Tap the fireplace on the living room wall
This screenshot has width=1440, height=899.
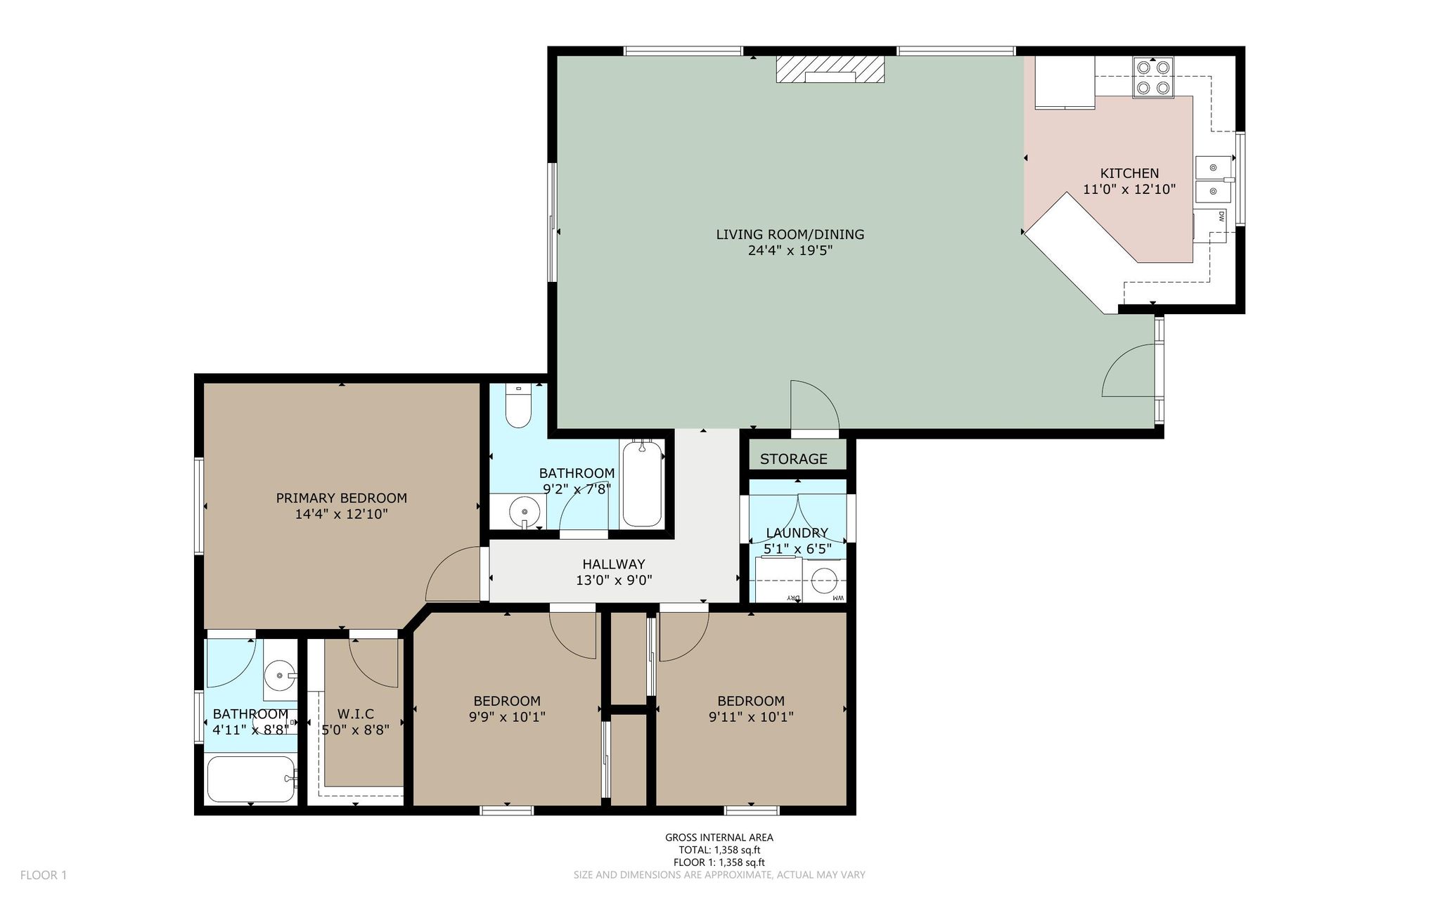point(830,70)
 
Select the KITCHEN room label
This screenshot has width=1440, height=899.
point(1129,173)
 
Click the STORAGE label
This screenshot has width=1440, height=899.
point(793,459)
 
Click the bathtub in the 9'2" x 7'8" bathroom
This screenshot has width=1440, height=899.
point(642,483)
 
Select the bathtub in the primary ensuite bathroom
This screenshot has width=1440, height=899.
point(252,779)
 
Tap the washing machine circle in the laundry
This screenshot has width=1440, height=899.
point(824,581)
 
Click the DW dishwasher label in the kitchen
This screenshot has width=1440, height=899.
point(1221,216)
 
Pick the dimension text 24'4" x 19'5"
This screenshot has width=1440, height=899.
point(790,251)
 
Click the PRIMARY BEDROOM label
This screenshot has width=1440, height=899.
point(341,498)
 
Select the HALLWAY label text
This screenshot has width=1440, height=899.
point(613,564)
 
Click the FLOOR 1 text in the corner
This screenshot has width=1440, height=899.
point(44,875)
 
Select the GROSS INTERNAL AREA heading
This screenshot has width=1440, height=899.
point(719,837)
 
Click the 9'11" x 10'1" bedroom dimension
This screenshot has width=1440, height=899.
point(751,717)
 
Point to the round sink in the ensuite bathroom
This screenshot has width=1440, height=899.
point(281,675)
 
